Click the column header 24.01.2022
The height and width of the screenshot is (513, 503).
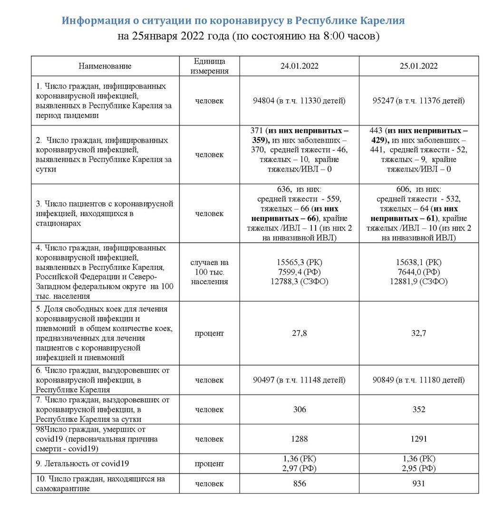click(299, 66)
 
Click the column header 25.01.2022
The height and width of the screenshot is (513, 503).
click(418, 66)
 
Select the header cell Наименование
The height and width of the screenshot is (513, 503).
click(105, 66)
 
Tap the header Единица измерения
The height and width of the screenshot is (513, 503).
click(209, 66)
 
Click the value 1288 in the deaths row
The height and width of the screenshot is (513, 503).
click(299, 439)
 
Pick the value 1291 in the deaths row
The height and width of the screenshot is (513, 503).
click(418, 439)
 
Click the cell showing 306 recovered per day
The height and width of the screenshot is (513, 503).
click(299, 409)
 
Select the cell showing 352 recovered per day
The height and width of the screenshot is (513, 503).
click(418, 409)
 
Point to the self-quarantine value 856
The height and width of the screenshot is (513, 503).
click(299, 484)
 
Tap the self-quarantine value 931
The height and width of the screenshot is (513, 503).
click(418, 484)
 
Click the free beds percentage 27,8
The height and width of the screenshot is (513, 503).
click(299, 333)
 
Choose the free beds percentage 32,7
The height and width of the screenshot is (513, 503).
click(418, 333)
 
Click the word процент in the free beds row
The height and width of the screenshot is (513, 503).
click(209, 333)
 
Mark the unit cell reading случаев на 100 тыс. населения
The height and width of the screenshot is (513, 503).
click(209, 272)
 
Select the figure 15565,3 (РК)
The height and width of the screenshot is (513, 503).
click(299, 262)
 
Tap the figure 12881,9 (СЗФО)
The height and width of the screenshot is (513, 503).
click(418, 282)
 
